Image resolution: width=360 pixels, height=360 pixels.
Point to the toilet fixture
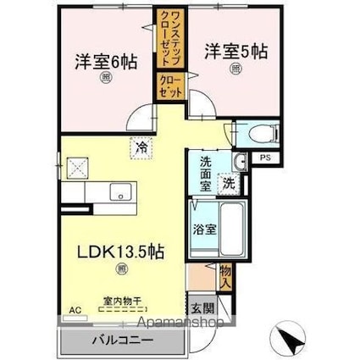259,133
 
